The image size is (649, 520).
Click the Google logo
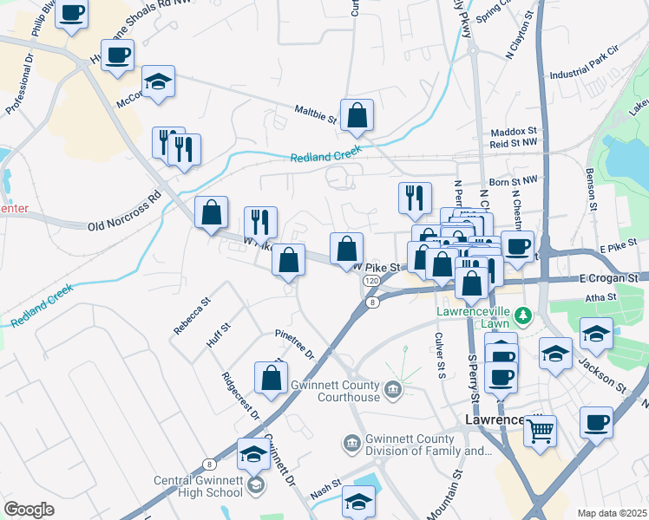point(29,510)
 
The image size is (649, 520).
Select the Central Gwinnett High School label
point(198,486)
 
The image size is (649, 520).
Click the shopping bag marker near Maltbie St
point(357,115)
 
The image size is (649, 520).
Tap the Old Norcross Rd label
point(125,214)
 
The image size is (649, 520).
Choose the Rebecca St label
point(192,317)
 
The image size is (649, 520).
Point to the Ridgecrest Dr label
point(240,395)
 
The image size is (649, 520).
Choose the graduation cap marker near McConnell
point(158,82)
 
